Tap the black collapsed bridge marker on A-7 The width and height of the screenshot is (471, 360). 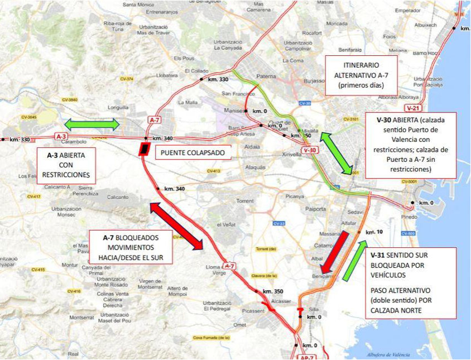[x=144, y=149]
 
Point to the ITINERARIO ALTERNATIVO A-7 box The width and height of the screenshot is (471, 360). [x=361, y=75]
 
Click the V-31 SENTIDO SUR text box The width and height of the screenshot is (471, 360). [x=411, y=283]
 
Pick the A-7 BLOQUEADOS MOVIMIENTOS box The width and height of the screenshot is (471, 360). [x=132, y=247]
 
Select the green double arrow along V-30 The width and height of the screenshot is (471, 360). [x=337, y=152]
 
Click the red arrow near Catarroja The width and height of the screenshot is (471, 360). [x=335, y=252]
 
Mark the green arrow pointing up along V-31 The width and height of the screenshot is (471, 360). [x=355, y=261]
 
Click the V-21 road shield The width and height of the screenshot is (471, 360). [x=414, y=108]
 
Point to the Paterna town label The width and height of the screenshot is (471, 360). [x=266, y=76]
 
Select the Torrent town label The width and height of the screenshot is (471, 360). [x=244, y=200]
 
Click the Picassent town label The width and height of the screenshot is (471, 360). [x=253, y=310]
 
